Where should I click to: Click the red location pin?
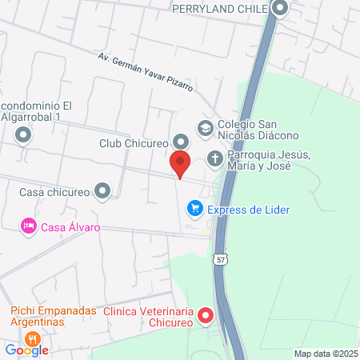(181, 163)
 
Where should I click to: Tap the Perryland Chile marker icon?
(280, 9)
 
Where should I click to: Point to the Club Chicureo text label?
(132, 144)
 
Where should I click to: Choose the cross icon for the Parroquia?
(215, 158)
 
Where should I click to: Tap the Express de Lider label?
(248, 210)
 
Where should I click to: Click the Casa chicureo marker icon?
(102, 191)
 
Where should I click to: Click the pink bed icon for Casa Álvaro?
(29, 227)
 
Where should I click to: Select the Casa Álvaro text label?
(71, 227)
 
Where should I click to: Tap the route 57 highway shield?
(221, 259)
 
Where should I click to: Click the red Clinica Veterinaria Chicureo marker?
(206, 316)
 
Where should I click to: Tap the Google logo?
(26, 350)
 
